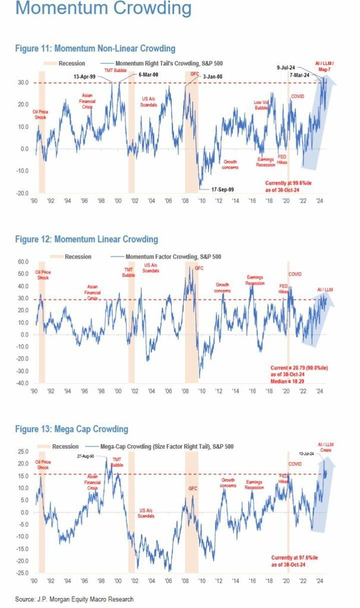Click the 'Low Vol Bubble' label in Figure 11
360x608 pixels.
(261, 105)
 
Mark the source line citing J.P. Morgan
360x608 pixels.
(74, 598)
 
